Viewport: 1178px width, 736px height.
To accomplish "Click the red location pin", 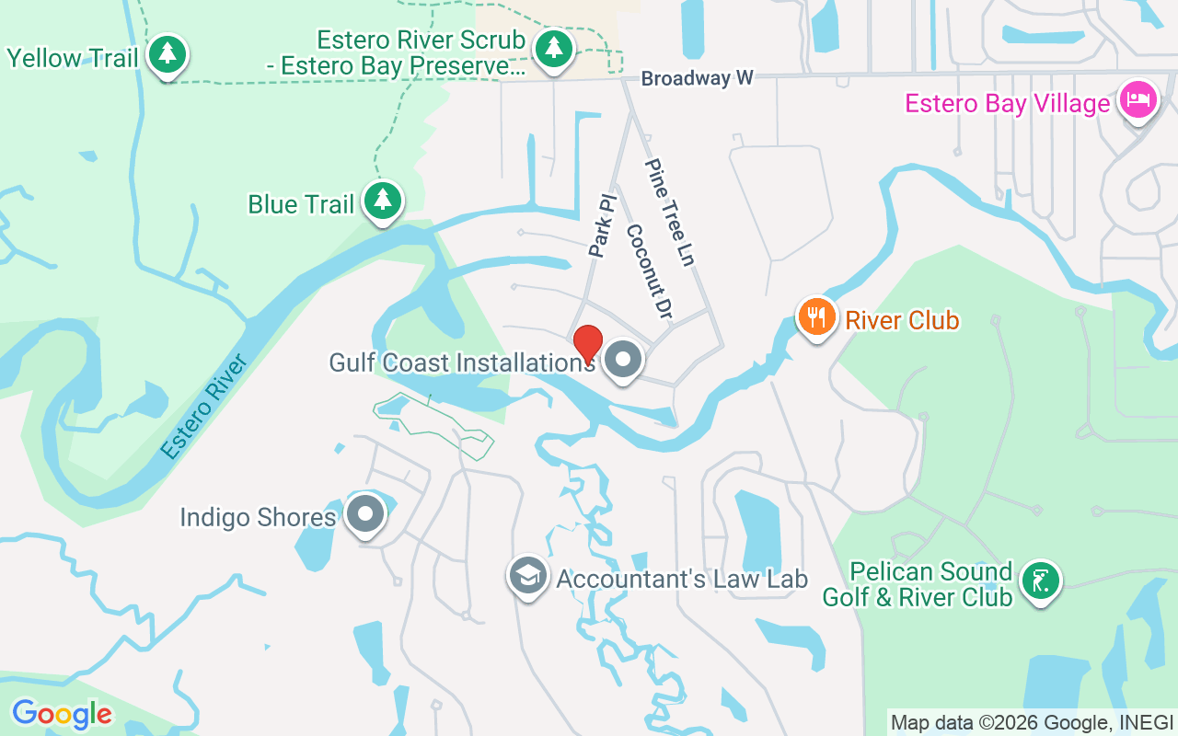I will [588, 344].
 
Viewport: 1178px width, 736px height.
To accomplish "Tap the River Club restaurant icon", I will [815, 317].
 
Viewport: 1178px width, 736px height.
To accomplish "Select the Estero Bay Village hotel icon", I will [1138, 100].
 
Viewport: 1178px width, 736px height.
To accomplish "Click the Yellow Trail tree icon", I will [167, 54].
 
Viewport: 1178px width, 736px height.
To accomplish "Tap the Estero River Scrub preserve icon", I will [553, 49].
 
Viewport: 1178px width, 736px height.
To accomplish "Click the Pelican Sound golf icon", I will [1040, 581].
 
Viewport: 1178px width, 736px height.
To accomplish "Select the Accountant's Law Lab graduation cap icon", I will [527, 576].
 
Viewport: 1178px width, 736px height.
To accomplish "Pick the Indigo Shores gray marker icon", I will [365, 515].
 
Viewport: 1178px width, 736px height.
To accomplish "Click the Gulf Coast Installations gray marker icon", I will [623, 360].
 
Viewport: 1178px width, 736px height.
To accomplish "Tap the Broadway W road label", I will [698, 79].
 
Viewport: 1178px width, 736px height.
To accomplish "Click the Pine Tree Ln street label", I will [669, 213].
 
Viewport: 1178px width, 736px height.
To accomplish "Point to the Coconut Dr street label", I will [649, 271].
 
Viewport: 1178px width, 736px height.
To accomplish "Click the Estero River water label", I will [204, 407].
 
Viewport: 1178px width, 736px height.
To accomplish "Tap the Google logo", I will [62, 713].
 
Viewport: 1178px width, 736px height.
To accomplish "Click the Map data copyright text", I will [1032, 722].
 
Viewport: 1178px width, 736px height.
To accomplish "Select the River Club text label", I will [902, 320].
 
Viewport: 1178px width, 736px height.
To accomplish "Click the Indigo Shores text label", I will [258, 517].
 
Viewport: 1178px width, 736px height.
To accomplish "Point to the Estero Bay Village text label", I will [1008, 103].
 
